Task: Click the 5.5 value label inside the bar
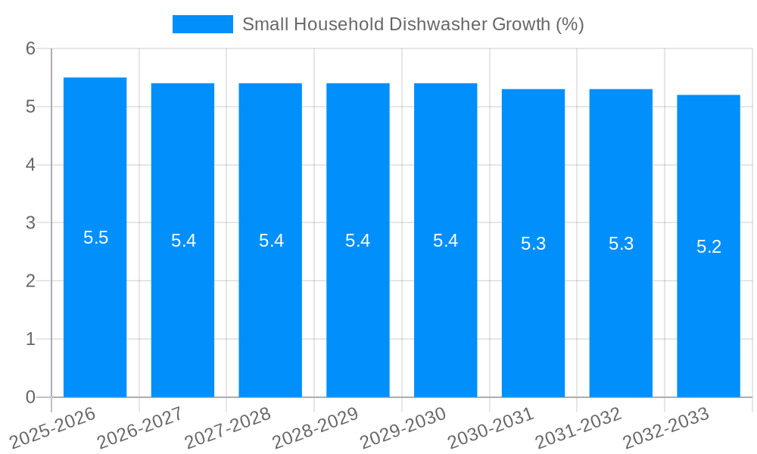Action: pos(95,238)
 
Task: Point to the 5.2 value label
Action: pos(709,247)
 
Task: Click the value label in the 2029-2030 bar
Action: pos(445,241)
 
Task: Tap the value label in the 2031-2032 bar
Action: pos(621,244)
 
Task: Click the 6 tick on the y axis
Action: pos(30,48)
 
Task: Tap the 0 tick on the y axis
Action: pos(30,397)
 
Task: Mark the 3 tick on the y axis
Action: pos(30,223)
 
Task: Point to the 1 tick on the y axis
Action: pos(30,339)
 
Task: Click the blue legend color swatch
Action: pos(202,24)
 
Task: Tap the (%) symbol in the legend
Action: pos(569,24)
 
